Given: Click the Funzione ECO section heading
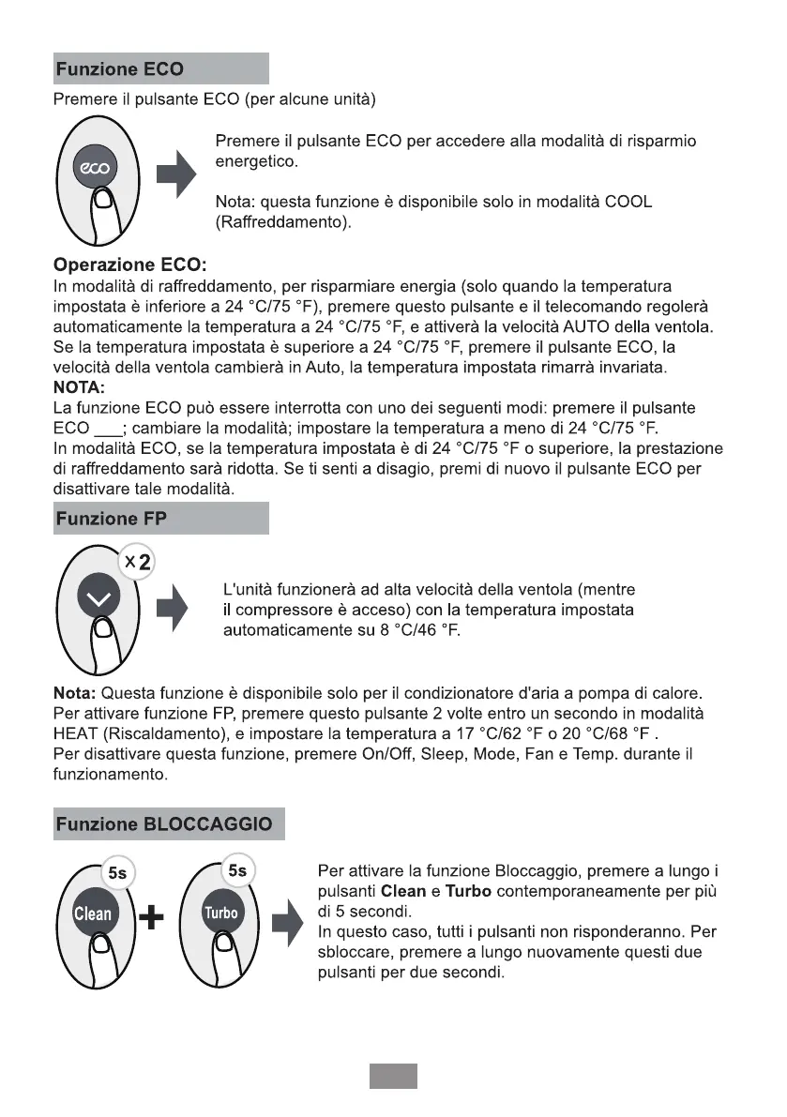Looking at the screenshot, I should pos(120,69).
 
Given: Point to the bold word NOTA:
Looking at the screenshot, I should pos(82,386).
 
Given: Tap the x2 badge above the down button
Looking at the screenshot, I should pos(138,563).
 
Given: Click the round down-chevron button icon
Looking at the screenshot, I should pos(103,600).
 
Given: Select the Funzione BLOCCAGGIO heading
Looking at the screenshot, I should pos(165,824).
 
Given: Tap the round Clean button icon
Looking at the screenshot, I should pos(93,913).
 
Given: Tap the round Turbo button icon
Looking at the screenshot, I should pos(221,913).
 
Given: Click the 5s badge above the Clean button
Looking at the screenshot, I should pos(117,872).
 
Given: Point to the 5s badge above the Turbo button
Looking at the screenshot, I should pos(237,871).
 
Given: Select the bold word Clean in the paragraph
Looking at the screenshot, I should pos(403,891).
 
